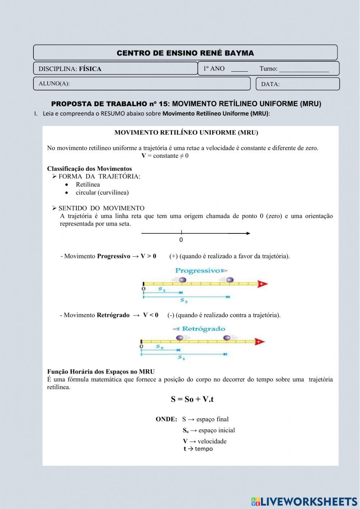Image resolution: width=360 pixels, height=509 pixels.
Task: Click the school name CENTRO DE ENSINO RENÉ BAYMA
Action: click(x=185, y=53)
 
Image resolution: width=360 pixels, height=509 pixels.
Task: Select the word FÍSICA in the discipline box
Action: click(x=90, y=69)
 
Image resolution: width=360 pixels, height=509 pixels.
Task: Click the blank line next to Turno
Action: click(x=304, y=70)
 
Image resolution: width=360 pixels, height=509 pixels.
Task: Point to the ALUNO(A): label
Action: click(x=54, y=84)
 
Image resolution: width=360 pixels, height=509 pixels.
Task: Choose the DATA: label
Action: click(x=270, y=84)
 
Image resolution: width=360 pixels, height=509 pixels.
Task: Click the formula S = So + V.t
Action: click(x=192, y=399)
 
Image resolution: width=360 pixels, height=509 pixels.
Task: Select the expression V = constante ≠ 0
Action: click(x=165, y=156)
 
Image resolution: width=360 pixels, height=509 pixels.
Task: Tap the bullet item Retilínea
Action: click(x=87, y=184)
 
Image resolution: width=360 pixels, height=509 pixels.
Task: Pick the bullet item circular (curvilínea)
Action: click(x=102, y=192)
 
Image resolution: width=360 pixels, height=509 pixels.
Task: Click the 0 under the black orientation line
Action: click(x=181, y=240)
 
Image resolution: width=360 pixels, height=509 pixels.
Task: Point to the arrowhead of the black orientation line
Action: click(x=248, y=233)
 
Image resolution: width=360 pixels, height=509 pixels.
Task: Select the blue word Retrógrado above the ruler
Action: click(x=203, y=329)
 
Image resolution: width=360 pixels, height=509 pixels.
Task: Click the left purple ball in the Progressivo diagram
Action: click(x=183, y=280)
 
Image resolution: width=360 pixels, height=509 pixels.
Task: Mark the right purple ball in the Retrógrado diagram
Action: click(x=227, y=338)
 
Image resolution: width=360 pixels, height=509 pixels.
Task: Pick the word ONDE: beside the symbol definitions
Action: click(x=166, y=419)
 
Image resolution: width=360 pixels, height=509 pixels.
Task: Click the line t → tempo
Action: click(x=198, y=449)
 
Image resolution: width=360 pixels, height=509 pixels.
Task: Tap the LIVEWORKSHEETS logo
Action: click(x=304, y=501)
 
